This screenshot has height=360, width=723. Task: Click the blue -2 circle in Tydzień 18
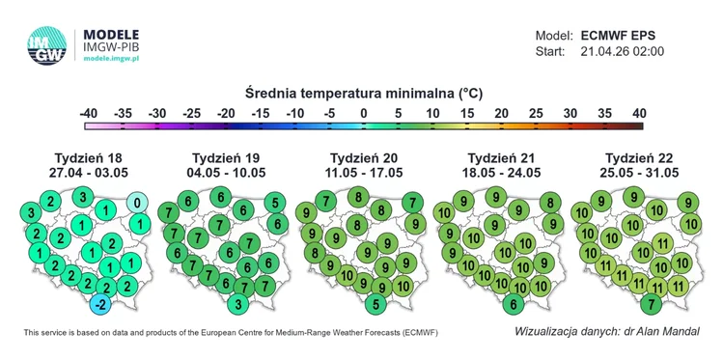99,305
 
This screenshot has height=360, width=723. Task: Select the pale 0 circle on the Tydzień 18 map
139,203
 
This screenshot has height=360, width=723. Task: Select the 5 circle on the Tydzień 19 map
276,203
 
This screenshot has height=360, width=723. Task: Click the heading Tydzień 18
88,158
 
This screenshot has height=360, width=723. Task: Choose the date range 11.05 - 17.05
364,173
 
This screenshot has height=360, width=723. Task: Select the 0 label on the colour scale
363,113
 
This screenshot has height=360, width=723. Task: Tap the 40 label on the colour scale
638,113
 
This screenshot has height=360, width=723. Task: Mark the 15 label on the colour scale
466,113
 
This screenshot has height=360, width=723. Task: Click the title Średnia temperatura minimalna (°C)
363,94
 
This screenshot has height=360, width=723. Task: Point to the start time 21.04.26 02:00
623,51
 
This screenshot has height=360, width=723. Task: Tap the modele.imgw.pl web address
113,58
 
